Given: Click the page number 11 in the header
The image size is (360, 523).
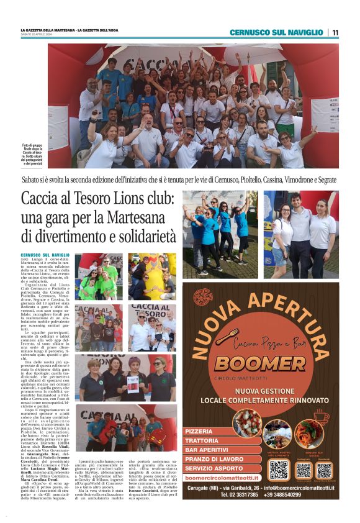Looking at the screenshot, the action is pos(335,32).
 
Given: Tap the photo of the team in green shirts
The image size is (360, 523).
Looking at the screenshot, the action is pos(99,276).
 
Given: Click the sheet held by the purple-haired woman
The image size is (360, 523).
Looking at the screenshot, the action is pos(150,382).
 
